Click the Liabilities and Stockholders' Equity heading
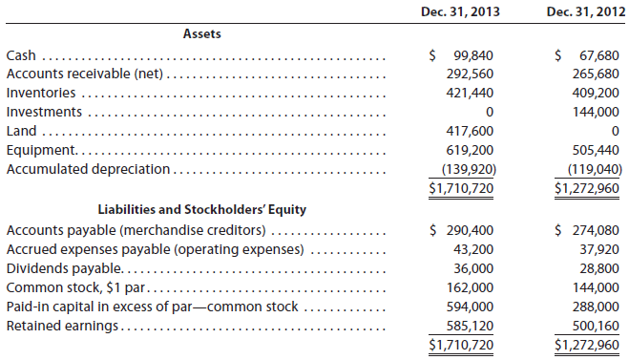click(x=203, y=209)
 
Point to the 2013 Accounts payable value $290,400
click(x=465, y=230)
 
